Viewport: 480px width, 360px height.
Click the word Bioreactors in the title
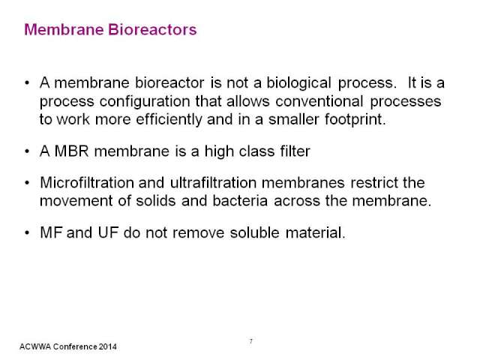tap(152, 30)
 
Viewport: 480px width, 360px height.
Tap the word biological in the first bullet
tap(298, 83)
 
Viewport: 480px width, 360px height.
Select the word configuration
tap(145, 102)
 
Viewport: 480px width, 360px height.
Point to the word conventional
tap(319, 101)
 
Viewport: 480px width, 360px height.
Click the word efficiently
tap(169, 120)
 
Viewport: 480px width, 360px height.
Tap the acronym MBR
tap(72, 151)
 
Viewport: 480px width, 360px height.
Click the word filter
tap(295, 151)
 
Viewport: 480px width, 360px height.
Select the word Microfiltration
tap(87, 183)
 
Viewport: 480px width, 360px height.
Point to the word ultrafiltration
tap(213, 183)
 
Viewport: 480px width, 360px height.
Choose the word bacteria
tap(240, 201)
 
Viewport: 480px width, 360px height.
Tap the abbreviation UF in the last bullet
tap(108, 232)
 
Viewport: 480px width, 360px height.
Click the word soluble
tap(255, 232)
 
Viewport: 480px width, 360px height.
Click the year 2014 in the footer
tap(108, 346)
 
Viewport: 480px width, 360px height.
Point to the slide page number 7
tap(251, 341)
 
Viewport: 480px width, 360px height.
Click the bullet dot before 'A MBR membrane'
tap(27, 151)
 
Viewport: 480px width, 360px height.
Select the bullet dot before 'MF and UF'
tap(27, 233)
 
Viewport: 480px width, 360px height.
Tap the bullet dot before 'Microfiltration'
tap(27, 183)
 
